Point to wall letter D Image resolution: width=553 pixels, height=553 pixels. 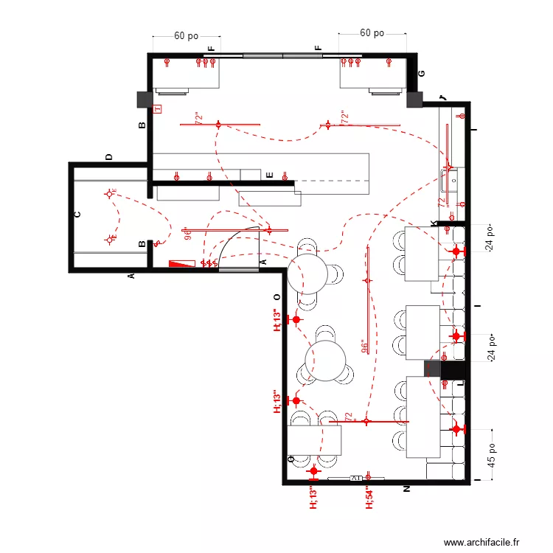tap(109, 157)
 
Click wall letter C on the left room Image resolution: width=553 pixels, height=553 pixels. tap(77, 215)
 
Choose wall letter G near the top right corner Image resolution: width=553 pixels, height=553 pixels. tap(422, 74)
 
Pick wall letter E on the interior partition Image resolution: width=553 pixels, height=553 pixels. tap(271, 175)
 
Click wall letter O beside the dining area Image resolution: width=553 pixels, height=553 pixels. tap(277, 296)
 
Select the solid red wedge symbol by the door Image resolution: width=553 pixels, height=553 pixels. tap(179, 263)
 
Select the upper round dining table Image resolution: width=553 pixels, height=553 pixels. tap(307, 273)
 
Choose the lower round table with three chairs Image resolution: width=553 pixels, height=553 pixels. tap(326, 361)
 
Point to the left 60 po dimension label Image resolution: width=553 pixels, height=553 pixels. tap(186, 35)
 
